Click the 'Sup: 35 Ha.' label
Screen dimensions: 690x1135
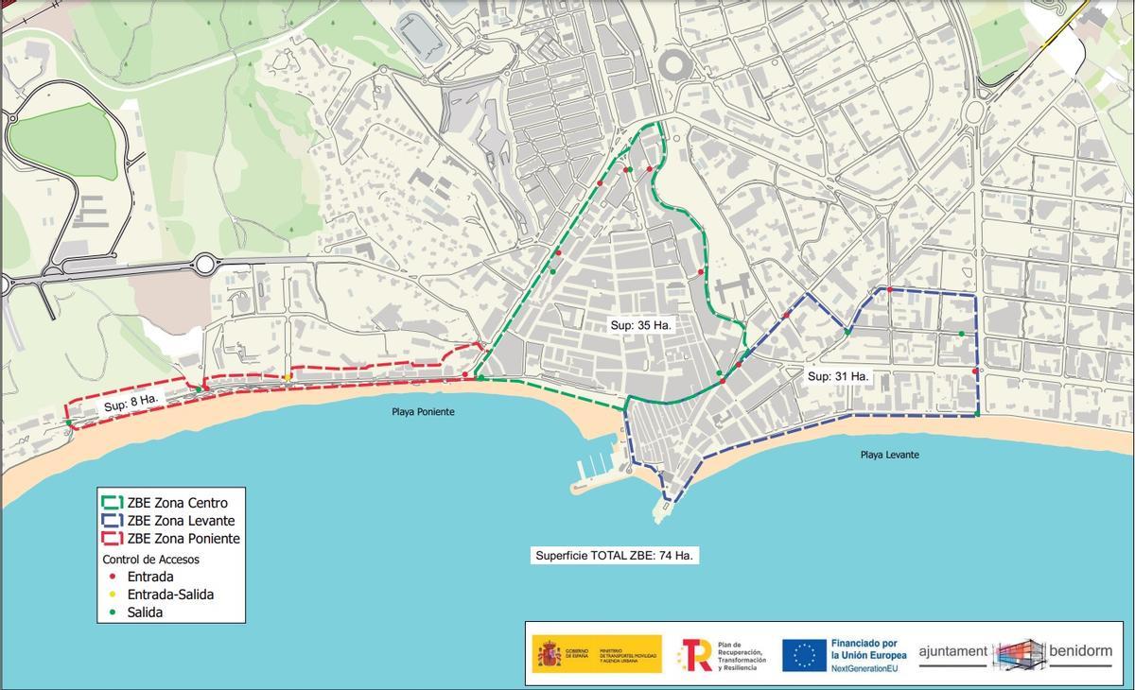640,324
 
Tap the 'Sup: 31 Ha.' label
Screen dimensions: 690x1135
837,375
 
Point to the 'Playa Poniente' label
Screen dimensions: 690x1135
423,412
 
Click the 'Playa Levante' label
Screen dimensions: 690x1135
889,455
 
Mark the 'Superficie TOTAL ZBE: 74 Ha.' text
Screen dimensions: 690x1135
614,556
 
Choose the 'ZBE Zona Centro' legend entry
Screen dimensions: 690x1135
177,503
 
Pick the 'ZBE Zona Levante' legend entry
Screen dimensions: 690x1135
181,521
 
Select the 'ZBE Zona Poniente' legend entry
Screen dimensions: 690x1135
183,539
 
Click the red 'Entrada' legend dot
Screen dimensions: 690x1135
112,577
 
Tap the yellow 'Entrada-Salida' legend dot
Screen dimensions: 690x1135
112,595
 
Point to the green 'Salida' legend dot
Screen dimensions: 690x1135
112,612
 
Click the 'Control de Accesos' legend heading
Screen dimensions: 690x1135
150,559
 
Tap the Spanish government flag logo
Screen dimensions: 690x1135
549,654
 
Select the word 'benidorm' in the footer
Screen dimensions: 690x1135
1080,651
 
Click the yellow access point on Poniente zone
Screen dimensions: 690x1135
288,378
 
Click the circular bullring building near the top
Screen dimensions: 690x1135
675,64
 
